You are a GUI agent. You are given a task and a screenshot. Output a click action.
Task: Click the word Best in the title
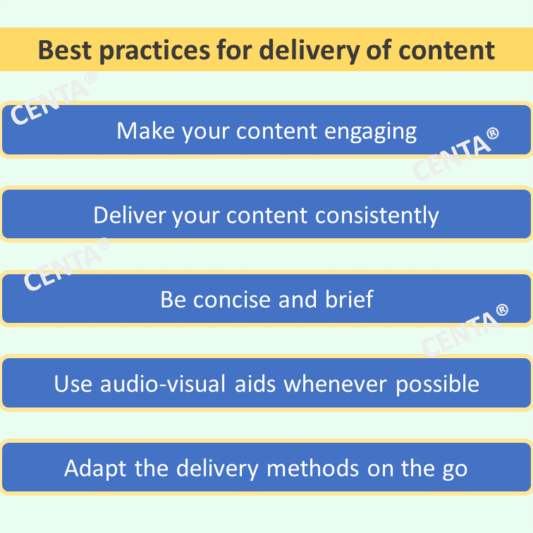click(65, 50)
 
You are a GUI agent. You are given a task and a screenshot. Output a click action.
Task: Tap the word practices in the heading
click(154, 51)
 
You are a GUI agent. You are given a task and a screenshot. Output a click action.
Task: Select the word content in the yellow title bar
click(446, 50)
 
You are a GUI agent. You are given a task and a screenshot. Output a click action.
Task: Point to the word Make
click(146, 131)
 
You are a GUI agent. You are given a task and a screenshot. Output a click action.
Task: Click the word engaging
click(371, 133)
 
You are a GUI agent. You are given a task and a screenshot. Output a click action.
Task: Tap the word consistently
click(377, 216)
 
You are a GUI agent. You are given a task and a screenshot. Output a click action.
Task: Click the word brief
click(349, 299)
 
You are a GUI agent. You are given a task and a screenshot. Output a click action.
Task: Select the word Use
click(73, 384)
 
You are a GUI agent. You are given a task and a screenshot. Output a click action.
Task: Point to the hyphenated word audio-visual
click(163, 384)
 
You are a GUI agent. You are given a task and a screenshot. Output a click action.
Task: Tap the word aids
click(255, 384)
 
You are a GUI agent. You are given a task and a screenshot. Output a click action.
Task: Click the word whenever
click(336, 384)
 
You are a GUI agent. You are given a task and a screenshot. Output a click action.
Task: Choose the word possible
click(438, 385)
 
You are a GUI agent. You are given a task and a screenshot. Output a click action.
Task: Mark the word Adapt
click(95, 469)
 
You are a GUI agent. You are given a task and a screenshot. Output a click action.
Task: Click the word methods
click(313, 468)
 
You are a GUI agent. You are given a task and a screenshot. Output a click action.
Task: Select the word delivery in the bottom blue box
click(218, 470)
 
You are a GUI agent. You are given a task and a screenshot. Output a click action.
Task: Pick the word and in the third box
click(298, 299)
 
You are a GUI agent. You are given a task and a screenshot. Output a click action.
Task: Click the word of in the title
click(379, 50)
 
